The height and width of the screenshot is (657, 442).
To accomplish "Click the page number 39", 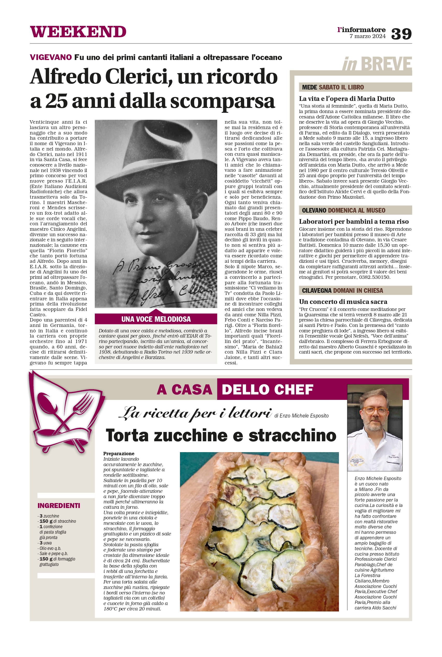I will pos(401,34).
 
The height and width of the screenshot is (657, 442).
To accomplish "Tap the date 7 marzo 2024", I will pos(367,36).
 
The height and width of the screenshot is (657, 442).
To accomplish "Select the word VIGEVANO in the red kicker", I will pos(51,57).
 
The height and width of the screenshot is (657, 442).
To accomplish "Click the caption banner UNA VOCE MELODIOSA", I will pos(156,319).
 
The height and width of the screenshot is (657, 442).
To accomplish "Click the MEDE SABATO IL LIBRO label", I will pos(333,87).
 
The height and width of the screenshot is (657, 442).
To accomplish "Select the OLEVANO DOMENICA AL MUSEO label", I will pos(343,210).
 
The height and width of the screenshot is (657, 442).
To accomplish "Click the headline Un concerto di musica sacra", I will pos(343,302).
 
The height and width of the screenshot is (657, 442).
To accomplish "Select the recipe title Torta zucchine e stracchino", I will pos(221,435).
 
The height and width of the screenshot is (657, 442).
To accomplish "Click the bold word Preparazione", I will pos(119,453).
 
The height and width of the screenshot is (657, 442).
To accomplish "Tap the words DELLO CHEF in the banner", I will pos(267,390).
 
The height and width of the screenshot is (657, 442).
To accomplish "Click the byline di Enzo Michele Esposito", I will pos(301,416).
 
